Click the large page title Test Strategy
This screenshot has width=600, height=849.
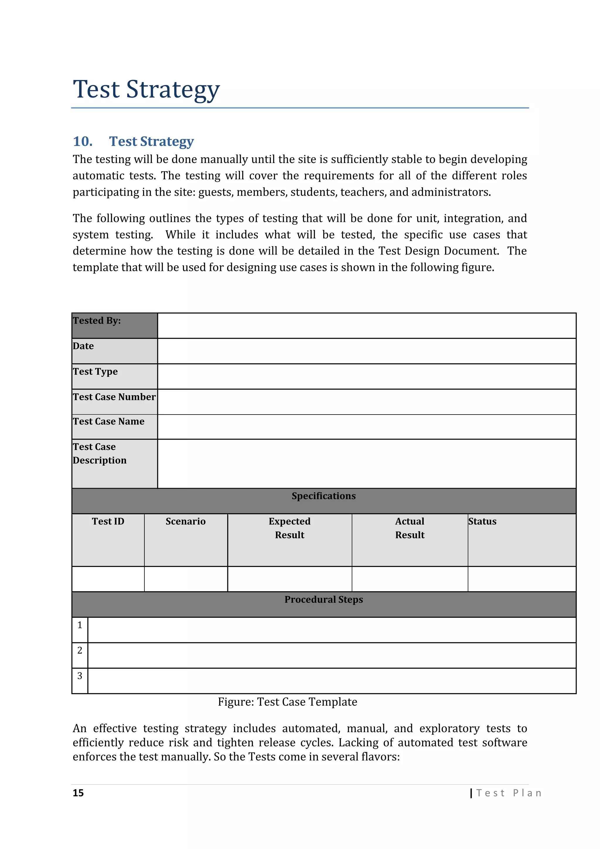click(x=146, y=89)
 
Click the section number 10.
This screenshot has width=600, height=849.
click(x=82, y=141)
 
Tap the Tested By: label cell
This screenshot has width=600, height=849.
click(x=97, y=321)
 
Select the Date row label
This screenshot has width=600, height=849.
click(x=83, y=346)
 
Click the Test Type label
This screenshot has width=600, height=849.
click(x=95, y=372)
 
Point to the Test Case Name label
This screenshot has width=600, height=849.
click(x=109, y=422)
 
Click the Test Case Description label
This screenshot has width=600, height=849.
click(x=99, y=454)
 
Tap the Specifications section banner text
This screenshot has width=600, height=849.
click(x=324, y=496)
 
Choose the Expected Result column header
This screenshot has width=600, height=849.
click(x=290, y=528)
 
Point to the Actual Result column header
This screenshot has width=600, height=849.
click(x=410, y=528)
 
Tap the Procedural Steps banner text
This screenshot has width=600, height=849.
click(x=324, y=600)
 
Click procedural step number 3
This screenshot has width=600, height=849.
click(x=80, y=676)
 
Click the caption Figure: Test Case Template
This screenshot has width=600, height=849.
click(x=287, y=702)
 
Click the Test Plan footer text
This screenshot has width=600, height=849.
click(x=509, y=793)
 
